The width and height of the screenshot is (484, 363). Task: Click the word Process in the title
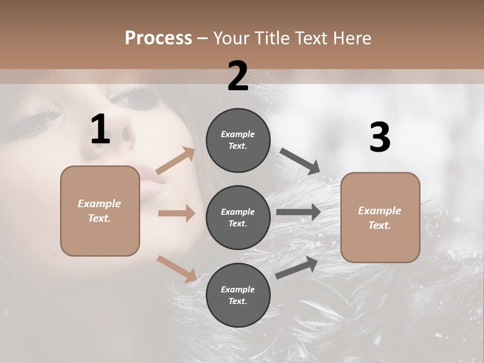click(x=158, y=38)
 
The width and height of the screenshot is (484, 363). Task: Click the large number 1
click(x=100, y=130)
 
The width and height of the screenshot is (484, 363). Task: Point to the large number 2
click(x=238, y=76)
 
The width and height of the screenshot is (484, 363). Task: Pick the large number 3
click(x=380, y=138)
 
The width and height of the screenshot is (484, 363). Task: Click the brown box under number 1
click(x=100, y=211)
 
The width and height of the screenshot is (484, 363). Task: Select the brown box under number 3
click(x=380, y=217)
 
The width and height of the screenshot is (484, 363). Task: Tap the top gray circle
click(x=238, y=140)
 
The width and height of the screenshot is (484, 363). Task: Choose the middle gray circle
click(x=238, y=217)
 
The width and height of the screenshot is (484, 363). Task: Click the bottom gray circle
click(x=238, y=295)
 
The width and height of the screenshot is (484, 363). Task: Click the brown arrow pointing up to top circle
click(x=175, y=161)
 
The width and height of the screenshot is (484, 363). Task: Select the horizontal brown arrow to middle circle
click(x=176, y=213)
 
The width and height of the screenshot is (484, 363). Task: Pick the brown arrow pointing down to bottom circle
click(x=176, y=268)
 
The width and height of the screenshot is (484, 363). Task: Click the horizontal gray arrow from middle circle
click(x=298, y=212)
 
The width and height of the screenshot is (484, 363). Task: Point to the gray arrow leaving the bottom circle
click(x=296, y=267)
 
